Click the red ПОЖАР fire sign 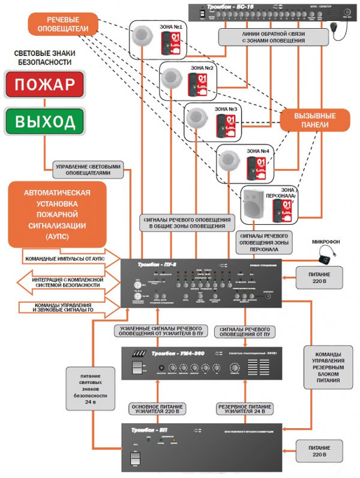pyautogui.click(x=44, y=85)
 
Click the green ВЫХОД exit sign pyautogui.click(x=44, y=122)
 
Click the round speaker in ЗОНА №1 pyautogui.click(x=142, y=37)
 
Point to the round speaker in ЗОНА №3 pyautogui.click(x=195, y=119)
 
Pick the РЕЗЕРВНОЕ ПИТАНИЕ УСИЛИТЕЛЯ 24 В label pyautogui.click(x=245, y=410)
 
